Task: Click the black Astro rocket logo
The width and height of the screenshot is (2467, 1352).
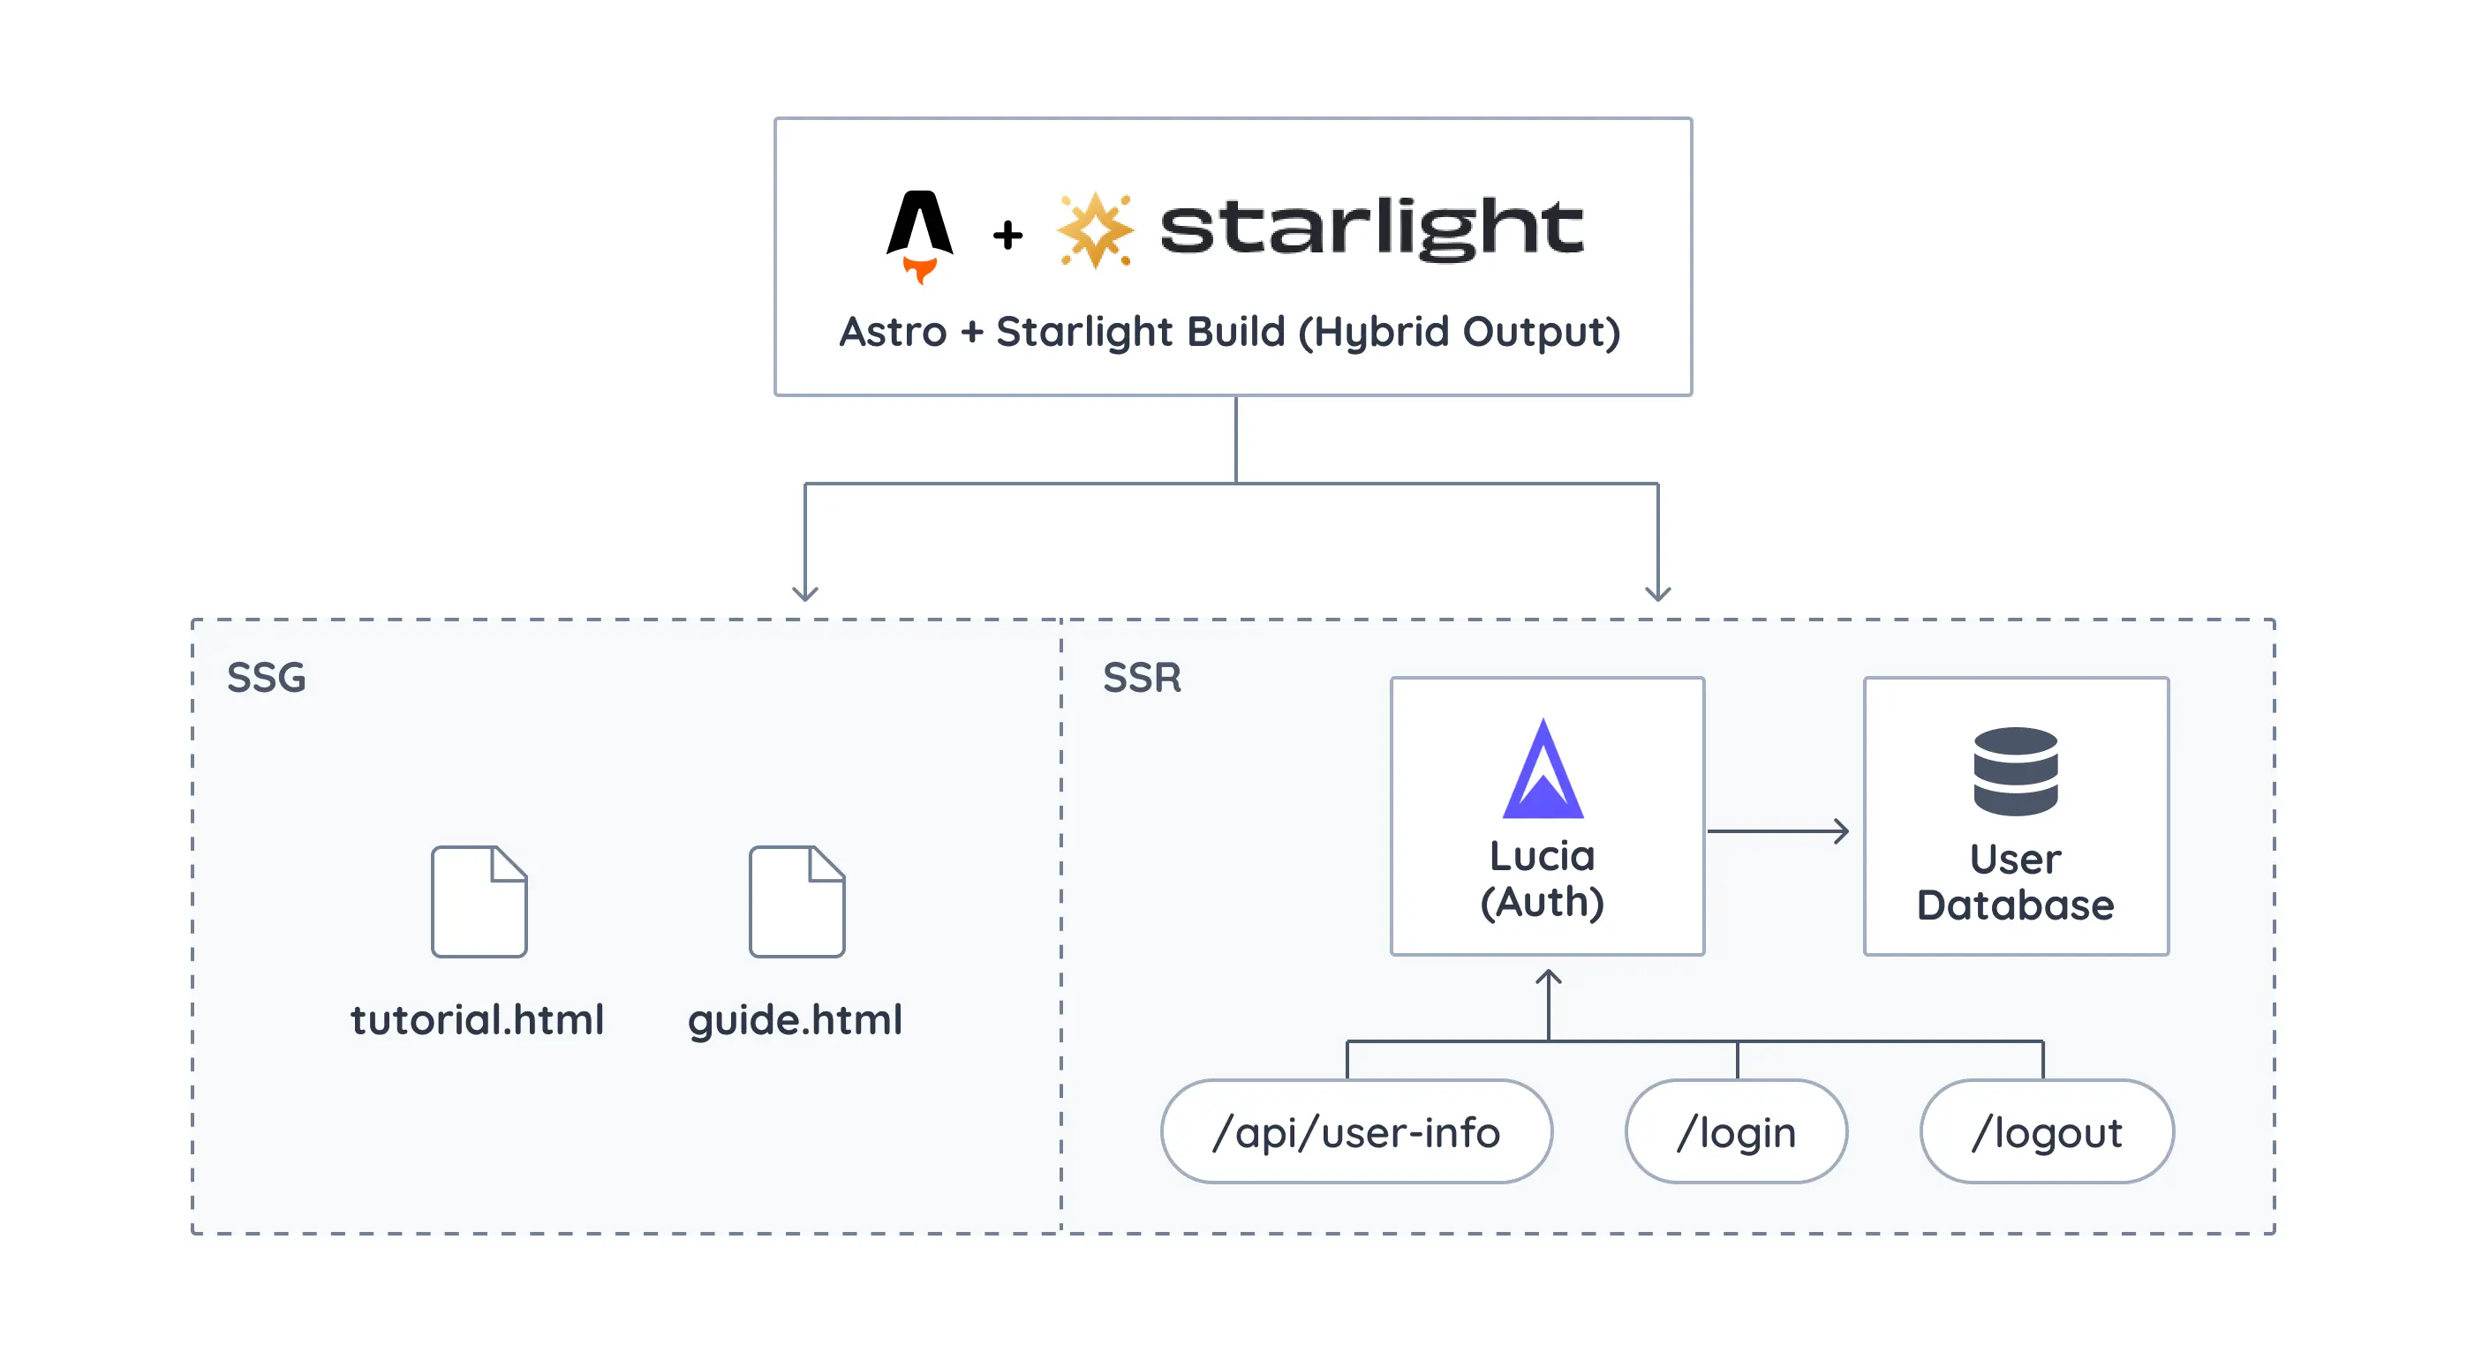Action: click(x=919, y=233)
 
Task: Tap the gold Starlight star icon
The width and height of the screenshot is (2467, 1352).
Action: click(x=1095, y=229)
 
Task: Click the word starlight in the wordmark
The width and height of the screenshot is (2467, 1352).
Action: click(x=1370, y=228)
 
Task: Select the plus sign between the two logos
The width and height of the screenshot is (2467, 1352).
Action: click(x=1007, y=235)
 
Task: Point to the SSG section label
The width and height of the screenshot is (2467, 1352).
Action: click(x=267, y=678)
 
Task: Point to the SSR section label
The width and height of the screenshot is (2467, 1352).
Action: click(x=1142, y=678)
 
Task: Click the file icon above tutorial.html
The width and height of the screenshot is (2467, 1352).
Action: click(x=479, y=901)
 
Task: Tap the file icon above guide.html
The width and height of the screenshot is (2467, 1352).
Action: click(x=796, y=901)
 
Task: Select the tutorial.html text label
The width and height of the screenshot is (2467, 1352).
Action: click(x=477, y=1020)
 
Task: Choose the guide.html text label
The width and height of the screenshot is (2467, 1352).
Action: click(x=795, y=1020)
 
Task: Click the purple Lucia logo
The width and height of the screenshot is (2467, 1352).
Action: click(x=1543, y=770)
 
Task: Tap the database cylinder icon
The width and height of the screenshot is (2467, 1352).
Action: click(x=2015, y=770)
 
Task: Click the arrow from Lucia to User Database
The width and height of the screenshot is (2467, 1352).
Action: click(x=1777, y=831)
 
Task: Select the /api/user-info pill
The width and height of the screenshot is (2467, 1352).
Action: click(x=1356, y=1131)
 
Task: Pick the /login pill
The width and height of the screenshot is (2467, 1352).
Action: click(x=1736, y=1131)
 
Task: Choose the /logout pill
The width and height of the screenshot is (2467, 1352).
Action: click(x=2047, y=1131)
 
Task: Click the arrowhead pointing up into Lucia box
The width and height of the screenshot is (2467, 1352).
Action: click(x=1549, y=978)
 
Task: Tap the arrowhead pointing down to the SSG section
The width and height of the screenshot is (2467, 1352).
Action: click(x=805, y=593)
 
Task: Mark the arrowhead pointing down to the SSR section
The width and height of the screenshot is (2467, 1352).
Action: click(x=1657, y=593)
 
